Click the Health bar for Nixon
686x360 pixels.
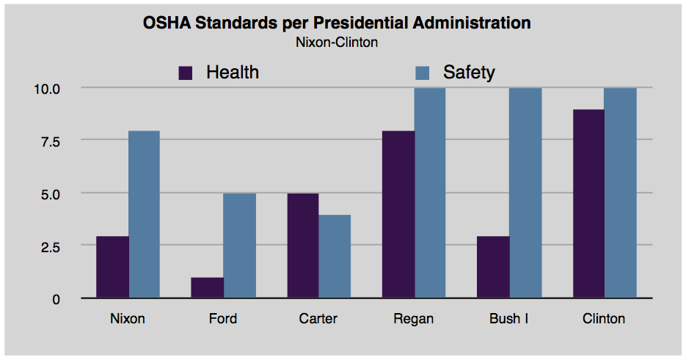pos(112,267)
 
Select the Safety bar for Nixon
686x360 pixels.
pos(144,214)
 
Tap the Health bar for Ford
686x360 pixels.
pos(207,287)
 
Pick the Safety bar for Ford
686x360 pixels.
pos(239,246)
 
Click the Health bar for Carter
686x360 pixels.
pos(302,246)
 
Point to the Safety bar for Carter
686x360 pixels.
pos(335,256)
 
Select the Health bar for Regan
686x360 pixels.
pos(398,214)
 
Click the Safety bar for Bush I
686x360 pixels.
pos(525,193)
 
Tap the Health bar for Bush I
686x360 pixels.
pos(493,267)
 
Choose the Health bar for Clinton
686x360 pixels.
pos(588,204)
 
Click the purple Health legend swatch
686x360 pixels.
pos(186,73)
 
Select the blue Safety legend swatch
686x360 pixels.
pos(422,73)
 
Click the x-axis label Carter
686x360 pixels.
pos(318,319)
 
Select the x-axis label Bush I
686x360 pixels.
pos(508,319)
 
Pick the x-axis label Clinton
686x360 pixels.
pos(604,319)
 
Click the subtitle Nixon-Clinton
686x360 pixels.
pos(337,43)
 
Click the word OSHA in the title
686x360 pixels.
pos(166,23)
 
